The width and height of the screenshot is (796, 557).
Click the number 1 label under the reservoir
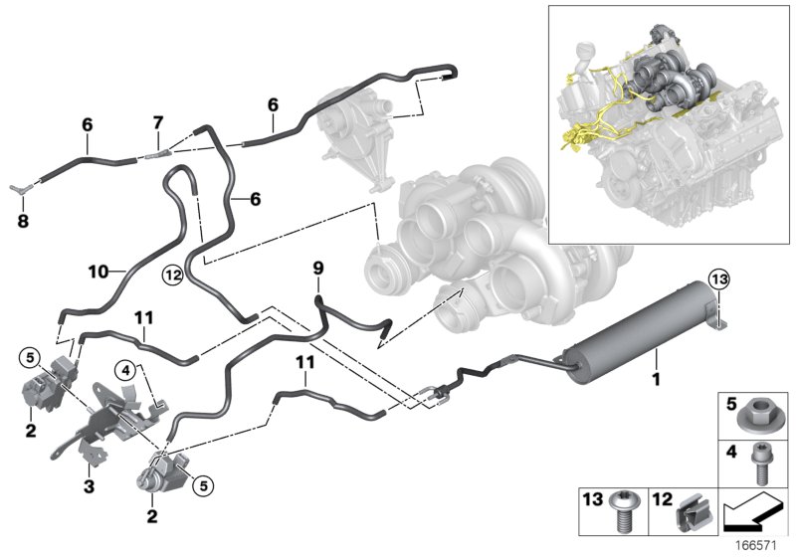(655, 380)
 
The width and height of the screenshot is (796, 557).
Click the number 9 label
(318, 268)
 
